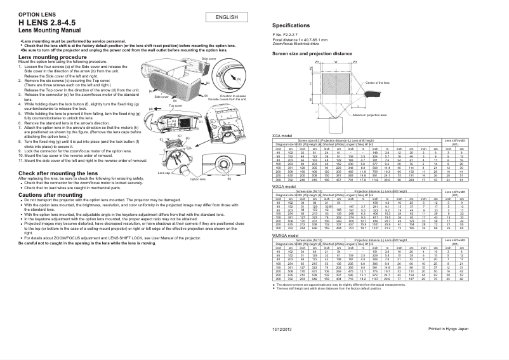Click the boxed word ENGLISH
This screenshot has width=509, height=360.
coord(227,18)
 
